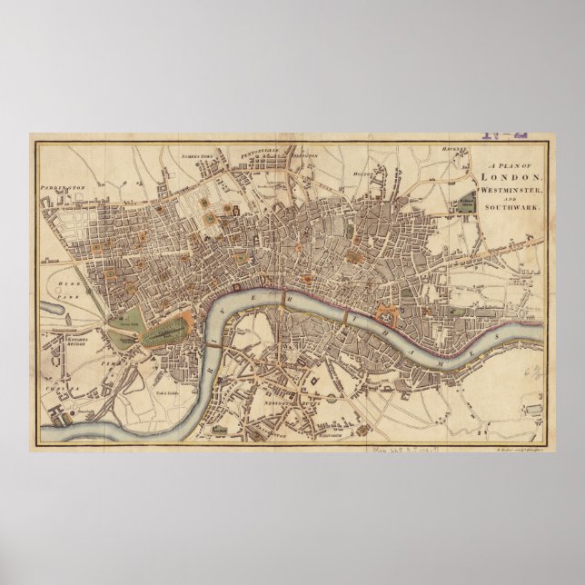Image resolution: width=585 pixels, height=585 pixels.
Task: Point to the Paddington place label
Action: (61, 191)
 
